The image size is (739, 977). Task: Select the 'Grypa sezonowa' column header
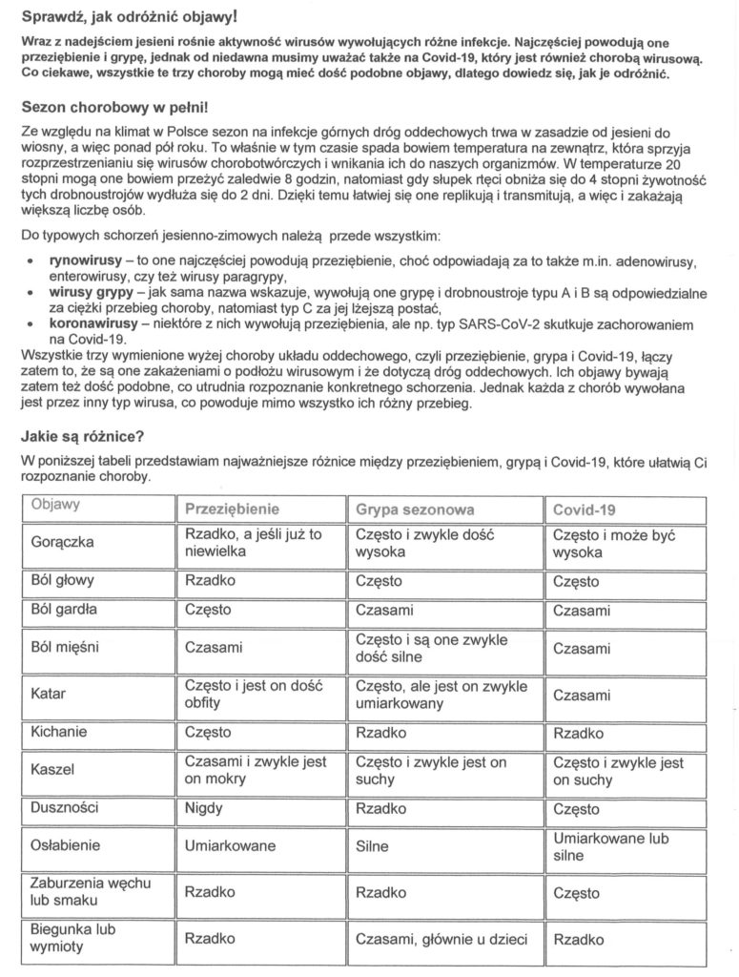pyautogui.click(x=415, y=509)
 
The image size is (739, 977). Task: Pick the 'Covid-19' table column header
pyautogui.click(x=585, y=509)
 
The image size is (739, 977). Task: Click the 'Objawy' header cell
pyautogui.click(x=55, y=504)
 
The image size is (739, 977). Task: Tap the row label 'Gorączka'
pyautogui.click(x=62, y=544)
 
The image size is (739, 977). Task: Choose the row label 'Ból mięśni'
pyautogui.click(x=66, y=649)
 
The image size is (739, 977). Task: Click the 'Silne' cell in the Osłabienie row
pyautogui.click(x=373, y=845)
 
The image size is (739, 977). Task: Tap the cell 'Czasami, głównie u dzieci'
pyautogui.click(x=441, y=939)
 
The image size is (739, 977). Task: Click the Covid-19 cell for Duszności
pyautogui.click(x=576, y=807)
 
